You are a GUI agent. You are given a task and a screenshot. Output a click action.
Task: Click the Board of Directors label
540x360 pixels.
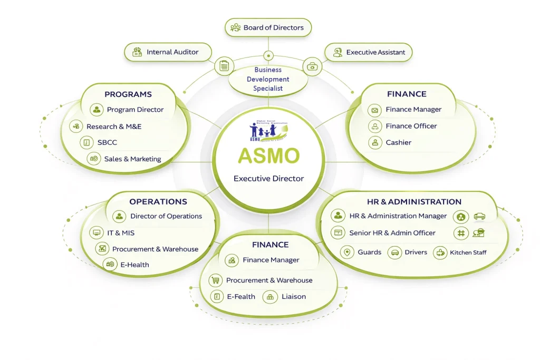coord(273,27)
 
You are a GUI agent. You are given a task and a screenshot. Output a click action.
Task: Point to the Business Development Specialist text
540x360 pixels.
coord(268,79)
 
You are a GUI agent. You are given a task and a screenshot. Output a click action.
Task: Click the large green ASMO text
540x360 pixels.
coord(268,155)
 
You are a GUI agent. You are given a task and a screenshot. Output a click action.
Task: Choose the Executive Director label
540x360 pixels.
coord(268,179)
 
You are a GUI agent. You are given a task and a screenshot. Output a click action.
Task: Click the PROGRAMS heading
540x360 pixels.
coord(128,94)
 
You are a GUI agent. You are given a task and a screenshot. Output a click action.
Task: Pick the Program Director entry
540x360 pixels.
coord(135,110)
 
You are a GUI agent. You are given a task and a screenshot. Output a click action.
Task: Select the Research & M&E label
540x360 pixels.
coord(114,127)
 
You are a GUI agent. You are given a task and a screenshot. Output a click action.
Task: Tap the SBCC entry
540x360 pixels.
coord(107,142)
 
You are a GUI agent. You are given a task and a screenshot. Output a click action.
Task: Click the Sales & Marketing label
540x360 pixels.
coord(132,159)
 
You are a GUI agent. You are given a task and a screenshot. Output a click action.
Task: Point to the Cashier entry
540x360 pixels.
coord(398,142)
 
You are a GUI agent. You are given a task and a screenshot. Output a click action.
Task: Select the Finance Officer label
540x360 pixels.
coord(411,126)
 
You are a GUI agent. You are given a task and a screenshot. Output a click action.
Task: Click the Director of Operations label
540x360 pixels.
coord(166,216)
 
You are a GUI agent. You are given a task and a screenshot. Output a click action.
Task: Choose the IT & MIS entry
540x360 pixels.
coord(121,232)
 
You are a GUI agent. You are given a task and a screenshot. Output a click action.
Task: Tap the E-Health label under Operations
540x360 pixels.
coord(134,265)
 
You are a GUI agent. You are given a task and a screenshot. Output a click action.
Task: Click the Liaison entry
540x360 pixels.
coord(293,297)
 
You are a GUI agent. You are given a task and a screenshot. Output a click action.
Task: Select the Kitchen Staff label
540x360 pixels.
coord(468,252)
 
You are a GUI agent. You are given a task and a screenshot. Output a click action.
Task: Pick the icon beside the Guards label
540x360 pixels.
coord(347,252)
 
